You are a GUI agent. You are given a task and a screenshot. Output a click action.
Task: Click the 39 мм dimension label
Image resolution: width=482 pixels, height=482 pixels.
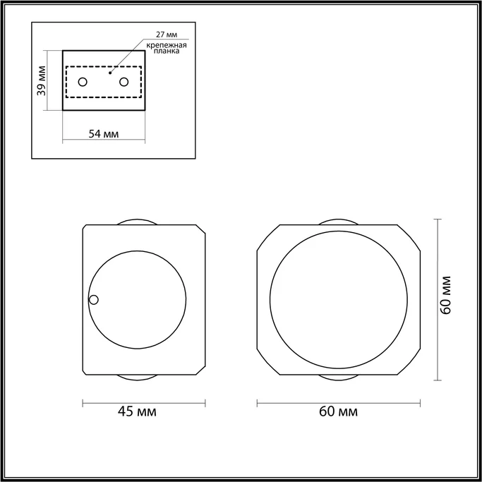(42, 80)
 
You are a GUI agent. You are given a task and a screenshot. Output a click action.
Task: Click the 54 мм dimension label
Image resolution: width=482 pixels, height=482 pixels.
(103, 133)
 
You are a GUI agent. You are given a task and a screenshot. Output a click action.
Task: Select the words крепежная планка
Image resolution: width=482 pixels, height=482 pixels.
(167, 47)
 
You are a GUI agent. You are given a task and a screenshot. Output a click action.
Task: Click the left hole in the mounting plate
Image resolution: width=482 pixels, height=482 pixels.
(83, 82)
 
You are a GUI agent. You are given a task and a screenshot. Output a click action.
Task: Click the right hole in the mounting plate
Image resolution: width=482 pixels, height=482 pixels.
(124, 82)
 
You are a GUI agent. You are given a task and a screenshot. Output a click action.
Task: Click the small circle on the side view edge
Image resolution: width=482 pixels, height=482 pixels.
(93, 300)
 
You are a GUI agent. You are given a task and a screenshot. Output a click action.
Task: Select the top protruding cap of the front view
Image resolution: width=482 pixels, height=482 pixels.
(339, 222)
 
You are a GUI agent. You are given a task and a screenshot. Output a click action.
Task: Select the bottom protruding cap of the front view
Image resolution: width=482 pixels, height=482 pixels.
(339, 378)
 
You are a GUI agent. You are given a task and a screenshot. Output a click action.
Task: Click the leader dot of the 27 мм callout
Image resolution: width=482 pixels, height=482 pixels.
(109, 72)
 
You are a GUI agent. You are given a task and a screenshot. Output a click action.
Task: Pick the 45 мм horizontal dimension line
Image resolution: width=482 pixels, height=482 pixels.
(144, 403)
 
